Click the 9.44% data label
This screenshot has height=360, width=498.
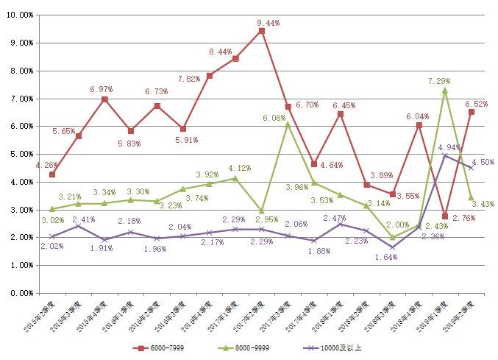269,23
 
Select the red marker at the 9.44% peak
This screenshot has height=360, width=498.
261,31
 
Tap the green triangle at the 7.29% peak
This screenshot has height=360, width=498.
444,91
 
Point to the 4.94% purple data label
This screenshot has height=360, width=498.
449,147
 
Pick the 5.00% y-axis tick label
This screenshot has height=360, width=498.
21,154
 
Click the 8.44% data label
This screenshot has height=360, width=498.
221,52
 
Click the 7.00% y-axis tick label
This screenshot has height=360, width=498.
21,99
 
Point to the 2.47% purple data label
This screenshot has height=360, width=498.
335,218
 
